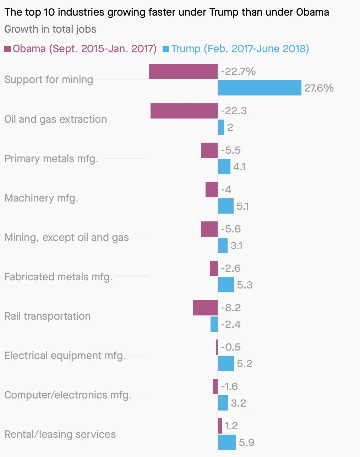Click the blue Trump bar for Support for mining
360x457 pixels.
[260, 88]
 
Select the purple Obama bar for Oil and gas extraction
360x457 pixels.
[184, 111]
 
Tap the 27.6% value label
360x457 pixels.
[319, 88]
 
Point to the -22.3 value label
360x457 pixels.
[234, 111]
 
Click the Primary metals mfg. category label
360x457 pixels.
[51, 159]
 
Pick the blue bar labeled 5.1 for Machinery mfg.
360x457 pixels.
[226, 206]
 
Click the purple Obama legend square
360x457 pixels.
[7, 49]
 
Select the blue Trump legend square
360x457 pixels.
[166, 49]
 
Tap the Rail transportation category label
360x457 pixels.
[48, 316]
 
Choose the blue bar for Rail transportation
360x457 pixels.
[214, 324]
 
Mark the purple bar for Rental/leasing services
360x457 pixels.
[220, 426]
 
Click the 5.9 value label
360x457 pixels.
[246, 442]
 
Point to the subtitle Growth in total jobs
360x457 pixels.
[50, 29]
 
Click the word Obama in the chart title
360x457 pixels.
[312, 12]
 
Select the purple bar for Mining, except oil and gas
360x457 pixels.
[209, 229]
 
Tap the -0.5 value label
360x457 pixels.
[231, 347]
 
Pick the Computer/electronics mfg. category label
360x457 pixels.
[68, 395]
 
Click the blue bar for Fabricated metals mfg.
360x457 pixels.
[226, 285]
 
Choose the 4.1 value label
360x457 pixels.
[239, 167]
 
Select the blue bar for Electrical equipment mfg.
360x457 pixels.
[226, 363]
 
